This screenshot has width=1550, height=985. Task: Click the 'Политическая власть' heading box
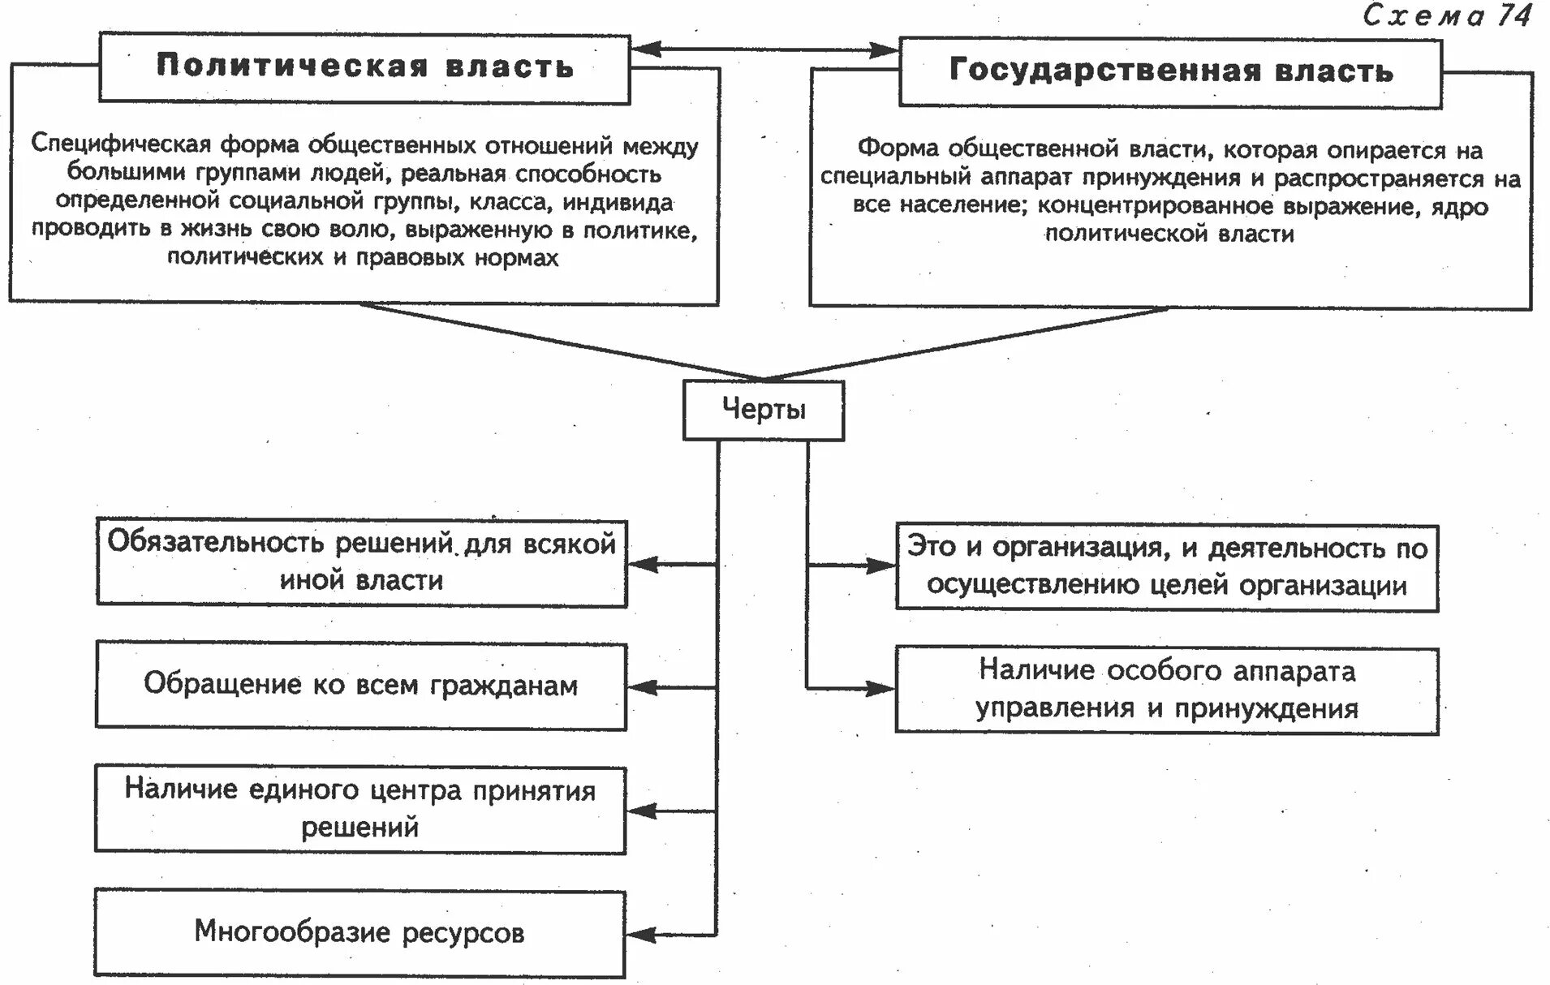364,68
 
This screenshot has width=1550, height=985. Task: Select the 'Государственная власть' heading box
1170,72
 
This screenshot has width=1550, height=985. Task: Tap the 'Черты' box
764,411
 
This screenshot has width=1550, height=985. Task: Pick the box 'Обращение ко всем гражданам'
361,686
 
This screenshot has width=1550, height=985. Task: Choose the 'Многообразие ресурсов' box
360,933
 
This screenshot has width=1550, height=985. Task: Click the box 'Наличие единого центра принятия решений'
360,809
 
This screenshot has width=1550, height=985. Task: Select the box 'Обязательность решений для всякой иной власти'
362,562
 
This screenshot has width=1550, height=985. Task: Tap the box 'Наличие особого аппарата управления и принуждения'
1166,690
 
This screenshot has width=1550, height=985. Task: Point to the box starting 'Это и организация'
1166,567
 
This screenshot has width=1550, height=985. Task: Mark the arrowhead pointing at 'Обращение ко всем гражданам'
641,687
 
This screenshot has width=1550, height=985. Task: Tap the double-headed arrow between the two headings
764,49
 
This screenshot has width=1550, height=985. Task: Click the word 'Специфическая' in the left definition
121,145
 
